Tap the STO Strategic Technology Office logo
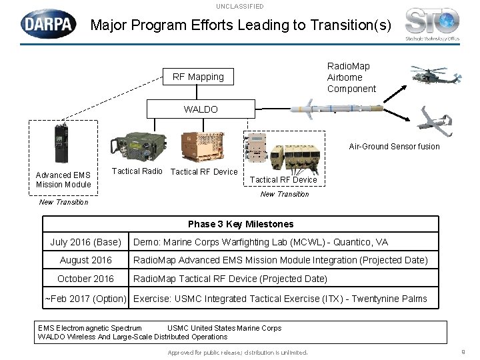432,23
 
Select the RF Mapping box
198,77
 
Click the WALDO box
201,109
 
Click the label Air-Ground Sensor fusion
395,147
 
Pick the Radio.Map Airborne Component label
351,77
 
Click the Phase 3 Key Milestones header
240,224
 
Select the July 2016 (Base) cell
85,242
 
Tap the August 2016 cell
85,260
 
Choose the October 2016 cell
85,279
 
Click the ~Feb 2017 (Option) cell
85,298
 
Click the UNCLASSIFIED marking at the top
239,6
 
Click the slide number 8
463,352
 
